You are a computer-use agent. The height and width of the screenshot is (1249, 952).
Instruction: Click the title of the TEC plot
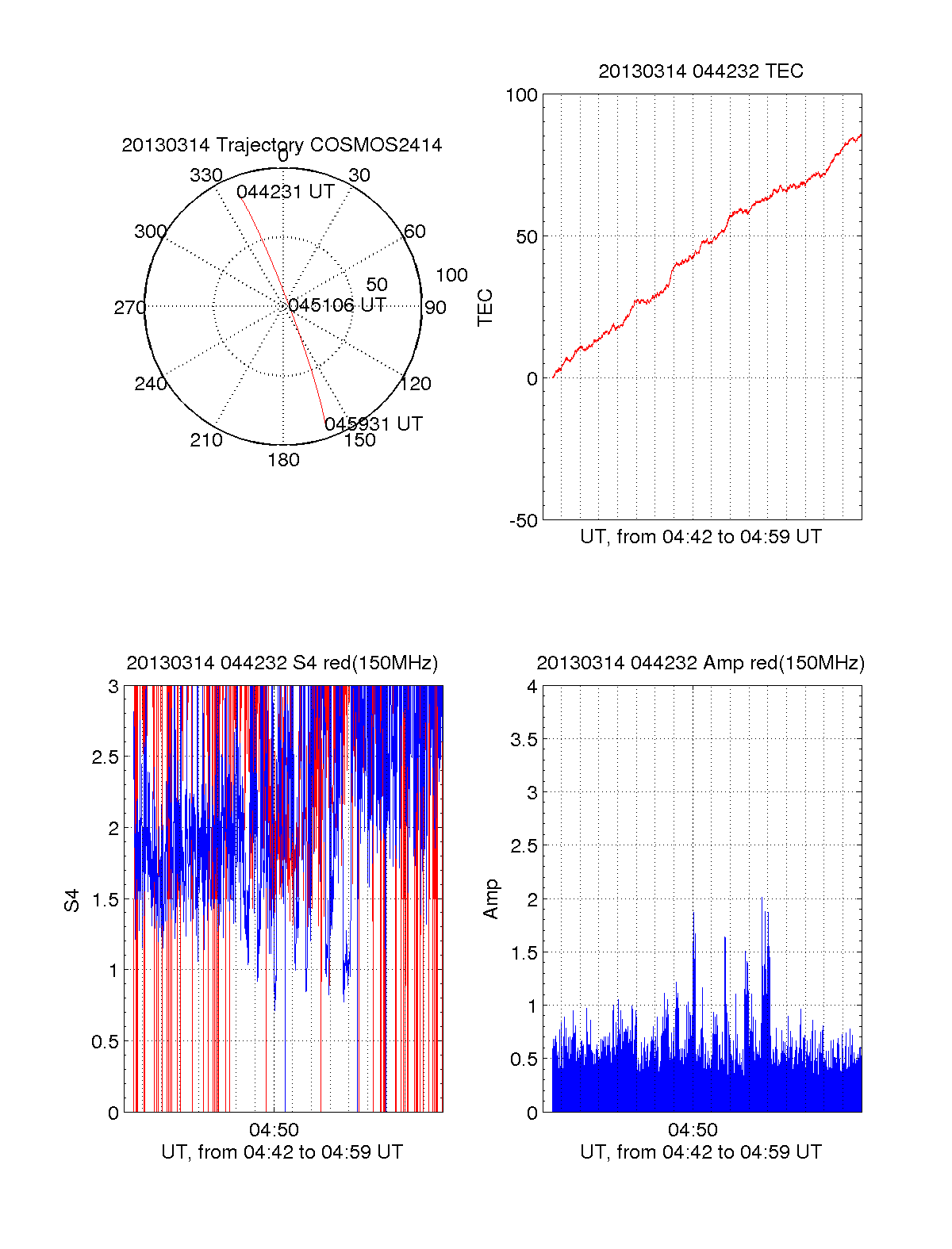click(701, 71)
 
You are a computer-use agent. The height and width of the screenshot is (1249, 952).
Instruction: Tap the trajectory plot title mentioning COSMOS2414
click(282, 145)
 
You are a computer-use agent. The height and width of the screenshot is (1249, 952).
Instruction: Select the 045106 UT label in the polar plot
click(337, 305)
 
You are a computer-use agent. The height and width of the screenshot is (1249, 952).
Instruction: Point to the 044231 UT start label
click(286, 192)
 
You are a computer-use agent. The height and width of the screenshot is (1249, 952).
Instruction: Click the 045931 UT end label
click(374, 423)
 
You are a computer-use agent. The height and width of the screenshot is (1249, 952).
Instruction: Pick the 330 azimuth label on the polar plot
click(206, 175)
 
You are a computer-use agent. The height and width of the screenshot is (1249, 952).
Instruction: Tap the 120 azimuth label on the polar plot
click(416, 384)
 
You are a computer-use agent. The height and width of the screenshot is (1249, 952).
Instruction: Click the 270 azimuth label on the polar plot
click(129, 308)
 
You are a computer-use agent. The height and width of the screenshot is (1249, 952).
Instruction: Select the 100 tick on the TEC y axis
click(521, 95)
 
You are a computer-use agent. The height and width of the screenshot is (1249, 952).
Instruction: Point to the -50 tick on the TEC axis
click(524, 521)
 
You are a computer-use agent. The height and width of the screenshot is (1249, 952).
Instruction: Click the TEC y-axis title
click(485, 308)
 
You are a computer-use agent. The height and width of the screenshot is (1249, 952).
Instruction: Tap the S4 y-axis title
click(72, 900)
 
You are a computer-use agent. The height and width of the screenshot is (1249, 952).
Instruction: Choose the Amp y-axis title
click(491, 899)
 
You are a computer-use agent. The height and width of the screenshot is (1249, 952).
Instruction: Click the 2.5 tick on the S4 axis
click(106, 757)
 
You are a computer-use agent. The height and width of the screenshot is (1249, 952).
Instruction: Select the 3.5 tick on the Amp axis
click(524, 740)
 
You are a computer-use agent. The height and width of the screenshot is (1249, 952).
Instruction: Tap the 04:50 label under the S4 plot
click(274, 1130)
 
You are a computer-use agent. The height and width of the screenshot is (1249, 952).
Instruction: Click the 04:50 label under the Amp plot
click(693, 1130)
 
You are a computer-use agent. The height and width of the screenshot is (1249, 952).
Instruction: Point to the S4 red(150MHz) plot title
click(282, 663)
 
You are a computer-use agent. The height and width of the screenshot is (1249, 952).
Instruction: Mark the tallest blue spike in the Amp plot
click(762, 900)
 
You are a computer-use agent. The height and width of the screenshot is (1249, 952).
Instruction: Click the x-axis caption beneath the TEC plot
click(701, 537)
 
